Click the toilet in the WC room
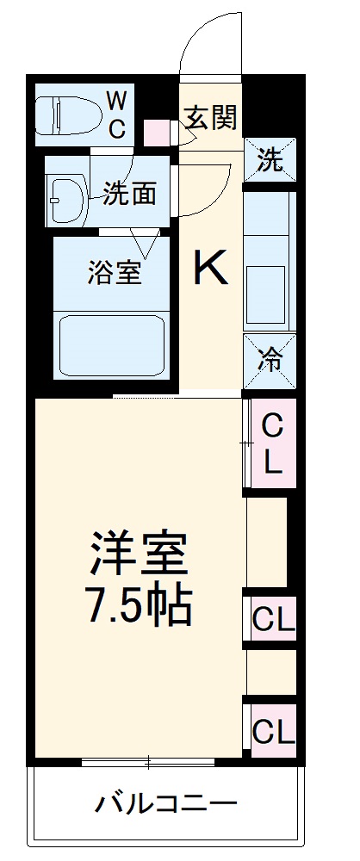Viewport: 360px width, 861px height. (x=63, y=114)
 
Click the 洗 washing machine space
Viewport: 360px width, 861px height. (x=270, y=161)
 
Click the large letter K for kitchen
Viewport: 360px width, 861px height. (x=209, y=269)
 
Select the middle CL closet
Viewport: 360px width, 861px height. (x=273, y=618)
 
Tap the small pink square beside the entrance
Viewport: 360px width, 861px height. (x=157, y=133)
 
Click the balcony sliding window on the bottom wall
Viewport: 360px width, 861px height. (x=148, y=761)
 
